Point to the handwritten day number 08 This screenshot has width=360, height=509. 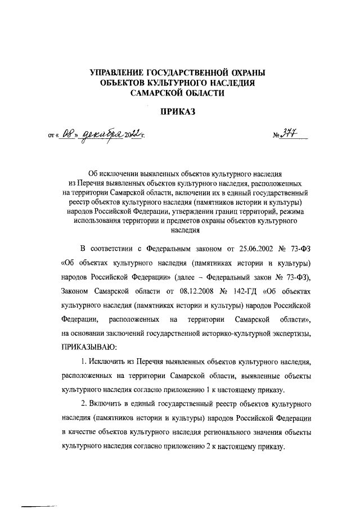tap(68, 135)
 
